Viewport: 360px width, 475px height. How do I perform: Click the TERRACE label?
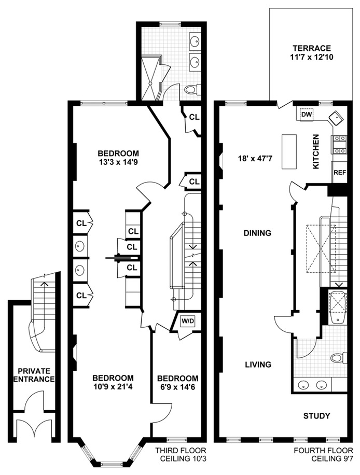pos(311,48)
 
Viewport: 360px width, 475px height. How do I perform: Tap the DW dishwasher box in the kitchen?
pos(307,114)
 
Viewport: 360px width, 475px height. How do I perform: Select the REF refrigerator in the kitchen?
pos(340,172)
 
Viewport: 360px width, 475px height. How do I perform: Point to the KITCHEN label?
pos(316,151)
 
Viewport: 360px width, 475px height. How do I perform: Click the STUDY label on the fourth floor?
pos(316,416)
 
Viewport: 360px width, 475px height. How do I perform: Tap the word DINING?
pos(257,233)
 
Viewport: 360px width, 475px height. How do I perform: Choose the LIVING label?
pos(258,365)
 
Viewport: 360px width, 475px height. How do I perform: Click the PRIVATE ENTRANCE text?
pos(34,375)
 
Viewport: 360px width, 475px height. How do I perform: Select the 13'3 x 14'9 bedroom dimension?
pos(118,162)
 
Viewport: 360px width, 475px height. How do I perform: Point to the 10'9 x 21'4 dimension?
pos(113,387)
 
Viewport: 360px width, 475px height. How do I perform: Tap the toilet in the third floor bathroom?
pos(192,89)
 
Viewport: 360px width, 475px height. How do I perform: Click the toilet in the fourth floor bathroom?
pos(339,358)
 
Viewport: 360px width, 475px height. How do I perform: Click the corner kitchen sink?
pos(336,118)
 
